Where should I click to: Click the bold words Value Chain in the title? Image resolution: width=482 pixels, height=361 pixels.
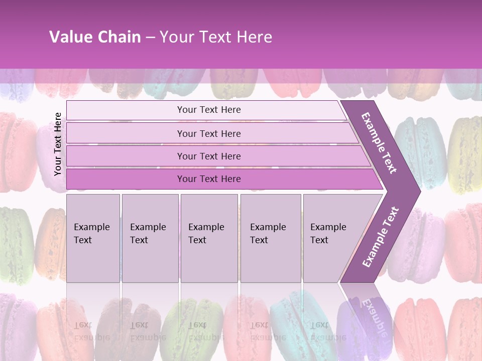click(95, 37)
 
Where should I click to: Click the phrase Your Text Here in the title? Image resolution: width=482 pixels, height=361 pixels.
click(216, 37)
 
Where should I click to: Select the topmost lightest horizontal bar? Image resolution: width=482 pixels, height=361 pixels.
click(209, 110)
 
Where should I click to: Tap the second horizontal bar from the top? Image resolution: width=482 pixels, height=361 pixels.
click(209, 133)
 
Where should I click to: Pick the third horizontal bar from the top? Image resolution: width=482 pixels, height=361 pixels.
click(209, 156)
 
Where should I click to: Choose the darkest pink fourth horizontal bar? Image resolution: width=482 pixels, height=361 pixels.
click(209, 179)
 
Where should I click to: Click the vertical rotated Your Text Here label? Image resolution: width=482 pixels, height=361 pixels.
click(58, 144)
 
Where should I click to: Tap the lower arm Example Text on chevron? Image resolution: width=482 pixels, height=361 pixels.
click(380, 237)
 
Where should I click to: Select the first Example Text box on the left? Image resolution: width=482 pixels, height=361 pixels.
click(93, 238)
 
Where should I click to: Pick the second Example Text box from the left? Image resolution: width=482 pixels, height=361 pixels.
click(150, 238)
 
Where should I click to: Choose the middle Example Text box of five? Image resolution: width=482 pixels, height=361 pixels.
click(208, 238)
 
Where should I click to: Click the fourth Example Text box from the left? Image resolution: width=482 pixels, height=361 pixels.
click(270, 238)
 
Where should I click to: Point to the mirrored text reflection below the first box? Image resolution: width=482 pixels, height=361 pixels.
click(91, 331)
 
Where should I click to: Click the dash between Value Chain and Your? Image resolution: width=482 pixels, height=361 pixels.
click(150, 38)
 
